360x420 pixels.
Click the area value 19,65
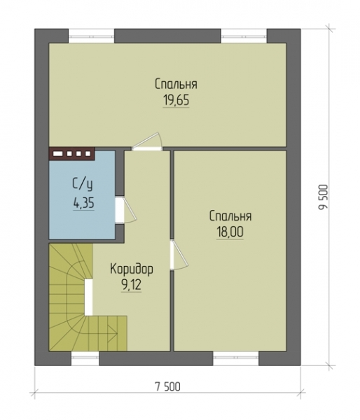click(x=176, y=101)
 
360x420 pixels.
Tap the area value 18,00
click(x=230, y=232)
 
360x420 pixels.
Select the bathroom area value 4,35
click(x=83, y=204)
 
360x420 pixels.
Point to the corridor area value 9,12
click(x=131, y=286)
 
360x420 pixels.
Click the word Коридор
click(x=132, y=269)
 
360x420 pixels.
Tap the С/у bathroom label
click(x=83, y=185)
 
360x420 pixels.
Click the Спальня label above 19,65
click(x=176, y=84)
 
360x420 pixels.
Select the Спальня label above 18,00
click(x=230, y=216)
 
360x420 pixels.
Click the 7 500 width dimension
click(x=168, y=386)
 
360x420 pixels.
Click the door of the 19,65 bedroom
click(x=147, y=141)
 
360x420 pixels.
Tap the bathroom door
click(x=126, y=210)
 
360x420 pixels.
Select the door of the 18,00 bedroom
click(x=179, y=255)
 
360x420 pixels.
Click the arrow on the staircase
click(x=112, y=333)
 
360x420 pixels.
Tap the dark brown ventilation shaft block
click(x=71, y=154)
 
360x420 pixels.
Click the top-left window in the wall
click(x=92, y=36)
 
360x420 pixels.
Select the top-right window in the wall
click(x=244, y=36)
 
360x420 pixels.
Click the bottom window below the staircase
click(x=85, y=358)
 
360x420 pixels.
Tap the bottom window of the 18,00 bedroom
click(x=236, y=358)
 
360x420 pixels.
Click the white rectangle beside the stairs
click(x=88, y=297)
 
